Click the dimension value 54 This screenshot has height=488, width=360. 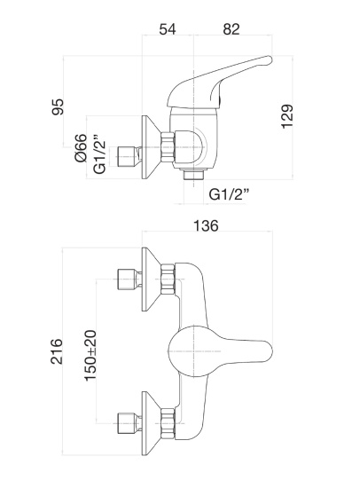168,29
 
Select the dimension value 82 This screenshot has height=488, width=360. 231,29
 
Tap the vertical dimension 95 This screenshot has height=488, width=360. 58,106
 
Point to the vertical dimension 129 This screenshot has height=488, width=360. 287,116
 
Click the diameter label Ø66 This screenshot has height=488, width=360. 81,148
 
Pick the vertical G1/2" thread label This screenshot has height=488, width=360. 99,154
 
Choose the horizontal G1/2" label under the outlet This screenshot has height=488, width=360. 229,195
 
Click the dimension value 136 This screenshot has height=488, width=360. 206,225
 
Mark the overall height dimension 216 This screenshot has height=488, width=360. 57,351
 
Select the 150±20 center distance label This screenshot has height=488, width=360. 90,356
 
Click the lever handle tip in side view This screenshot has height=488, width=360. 268,60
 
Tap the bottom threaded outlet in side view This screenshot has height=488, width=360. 193,175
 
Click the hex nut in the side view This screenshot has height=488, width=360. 167,147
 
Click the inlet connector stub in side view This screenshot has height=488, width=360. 129,156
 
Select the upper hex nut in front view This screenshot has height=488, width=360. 168,279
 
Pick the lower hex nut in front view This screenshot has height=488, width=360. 168,423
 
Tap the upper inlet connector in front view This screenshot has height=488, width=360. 129,279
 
